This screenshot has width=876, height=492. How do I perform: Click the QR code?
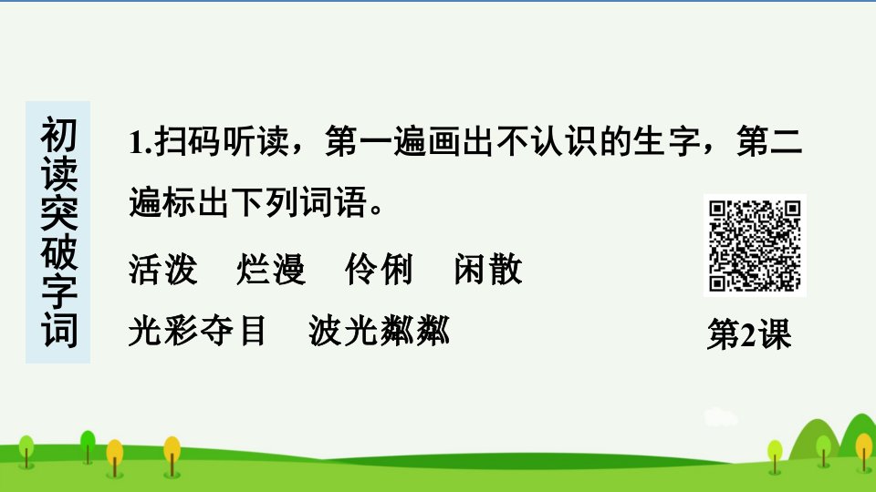(x=755, y=245)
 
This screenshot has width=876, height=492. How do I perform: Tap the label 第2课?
(x=749, y=334)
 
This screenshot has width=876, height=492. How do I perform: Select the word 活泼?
(x=162, y=270)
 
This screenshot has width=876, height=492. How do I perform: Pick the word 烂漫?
(x=271, y=270)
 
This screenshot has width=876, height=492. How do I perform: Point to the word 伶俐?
(x=380, y=270)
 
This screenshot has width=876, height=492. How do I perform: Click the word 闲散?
(x=488, y=270)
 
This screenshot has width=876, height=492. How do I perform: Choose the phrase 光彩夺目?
(x=197, y=331)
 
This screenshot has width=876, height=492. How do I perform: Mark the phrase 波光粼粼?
(x=380, y=331)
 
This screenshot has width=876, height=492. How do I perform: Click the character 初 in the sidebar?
(x=58, y=136)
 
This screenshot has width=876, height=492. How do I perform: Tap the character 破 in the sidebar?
(x=58, y=251)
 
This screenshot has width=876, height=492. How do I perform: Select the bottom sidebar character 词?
(x=58, y=330)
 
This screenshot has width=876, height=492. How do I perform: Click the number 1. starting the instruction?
(x=141, y=142)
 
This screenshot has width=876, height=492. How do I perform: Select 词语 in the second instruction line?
(x=334, y=201)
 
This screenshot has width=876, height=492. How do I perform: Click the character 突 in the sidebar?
(x=58, y=212)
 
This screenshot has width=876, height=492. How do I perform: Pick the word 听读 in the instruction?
(x=256, y=141)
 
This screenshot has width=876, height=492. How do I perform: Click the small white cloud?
(x=721, y=416)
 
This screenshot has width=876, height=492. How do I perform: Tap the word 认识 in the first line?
(x=564, y=141)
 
